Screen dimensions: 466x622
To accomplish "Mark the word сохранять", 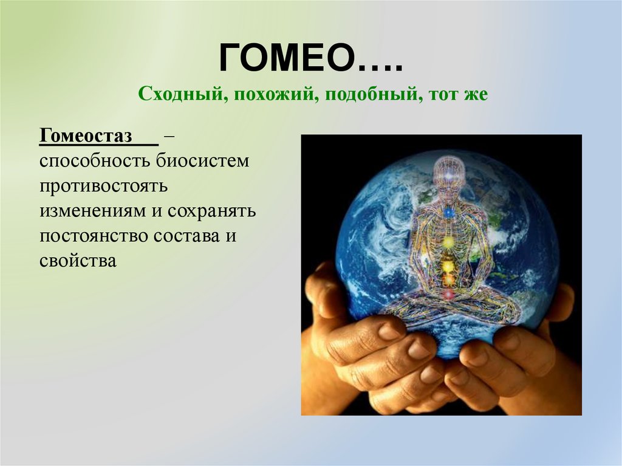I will (212, 211).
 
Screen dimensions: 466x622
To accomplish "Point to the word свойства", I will (78, 261).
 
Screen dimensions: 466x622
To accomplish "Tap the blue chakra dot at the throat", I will (448, 213).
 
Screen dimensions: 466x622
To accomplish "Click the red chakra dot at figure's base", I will (448, 295).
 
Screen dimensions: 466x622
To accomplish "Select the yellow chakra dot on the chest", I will (448, 242).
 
